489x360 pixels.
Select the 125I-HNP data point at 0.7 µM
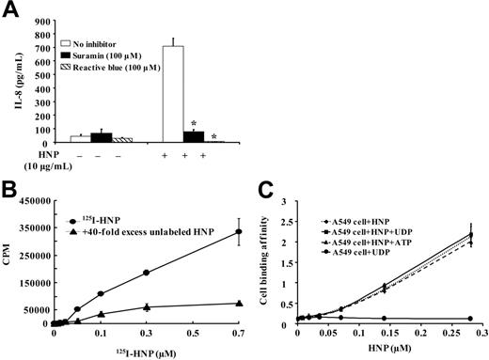click(239, 231)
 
